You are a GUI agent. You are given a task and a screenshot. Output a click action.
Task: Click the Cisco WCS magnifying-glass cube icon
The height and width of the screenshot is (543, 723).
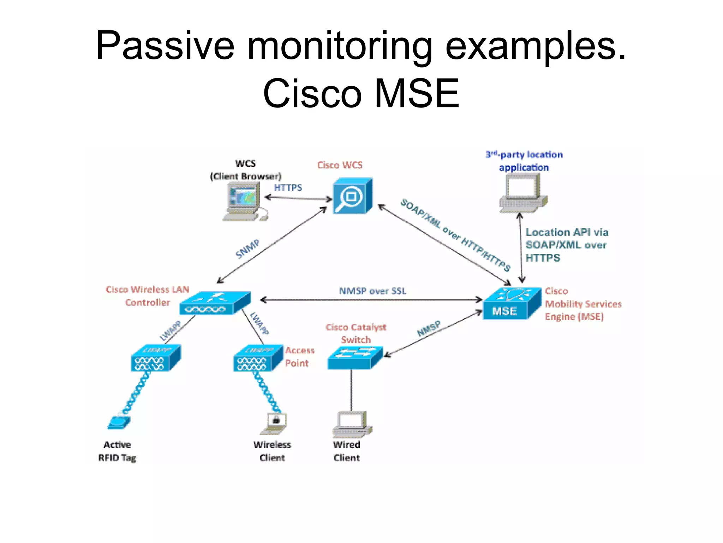pos(352,195)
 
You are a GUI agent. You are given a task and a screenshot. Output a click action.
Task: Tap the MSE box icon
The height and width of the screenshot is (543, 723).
pos(511,304)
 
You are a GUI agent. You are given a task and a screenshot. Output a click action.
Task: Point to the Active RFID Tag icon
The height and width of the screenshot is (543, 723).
pos(119,422)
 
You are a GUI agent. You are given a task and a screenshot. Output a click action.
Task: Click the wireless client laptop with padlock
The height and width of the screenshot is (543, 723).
pos(274,423)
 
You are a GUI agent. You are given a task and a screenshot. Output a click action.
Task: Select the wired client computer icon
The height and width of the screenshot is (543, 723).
pos(352,424)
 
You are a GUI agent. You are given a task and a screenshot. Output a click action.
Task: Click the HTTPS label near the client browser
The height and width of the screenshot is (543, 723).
pos(288,188)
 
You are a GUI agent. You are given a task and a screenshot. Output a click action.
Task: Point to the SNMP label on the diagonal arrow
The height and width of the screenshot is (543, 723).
pos(247,249)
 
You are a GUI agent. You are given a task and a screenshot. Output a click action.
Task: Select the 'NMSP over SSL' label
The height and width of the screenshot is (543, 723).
pos(372,291)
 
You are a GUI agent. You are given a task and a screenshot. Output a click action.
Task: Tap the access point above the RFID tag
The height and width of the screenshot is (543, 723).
pos(155,358)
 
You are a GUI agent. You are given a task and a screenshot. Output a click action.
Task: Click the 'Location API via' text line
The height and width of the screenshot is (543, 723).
pos(567,232)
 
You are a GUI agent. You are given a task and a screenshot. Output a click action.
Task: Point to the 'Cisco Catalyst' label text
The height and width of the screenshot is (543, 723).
pos(356,327)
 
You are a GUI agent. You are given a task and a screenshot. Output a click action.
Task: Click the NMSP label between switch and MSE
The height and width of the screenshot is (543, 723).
pos(429,329)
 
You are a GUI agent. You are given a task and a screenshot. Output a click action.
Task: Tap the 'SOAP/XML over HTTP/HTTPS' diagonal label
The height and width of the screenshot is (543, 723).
pos(455,235)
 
